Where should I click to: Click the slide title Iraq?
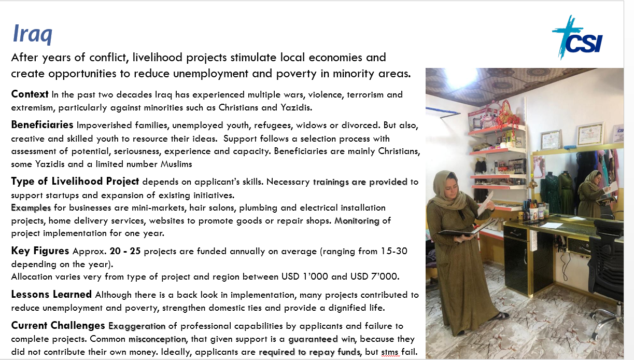(32, 35)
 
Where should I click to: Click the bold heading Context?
(30, 94)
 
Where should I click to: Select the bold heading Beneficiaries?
(42, 125)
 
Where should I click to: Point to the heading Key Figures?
(40, 251)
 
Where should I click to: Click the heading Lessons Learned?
(51, 295)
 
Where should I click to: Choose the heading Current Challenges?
(58, 326)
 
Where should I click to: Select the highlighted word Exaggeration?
(137, 326)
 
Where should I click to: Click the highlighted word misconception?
(157, 339)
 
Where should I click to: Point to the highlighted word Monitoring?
(358, 220)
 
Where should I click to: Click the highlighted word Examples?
(31, 207)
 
